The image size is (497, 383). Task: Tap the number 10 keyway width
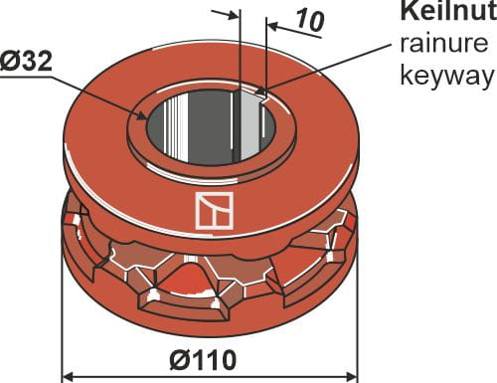click(x=309, y=22)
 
